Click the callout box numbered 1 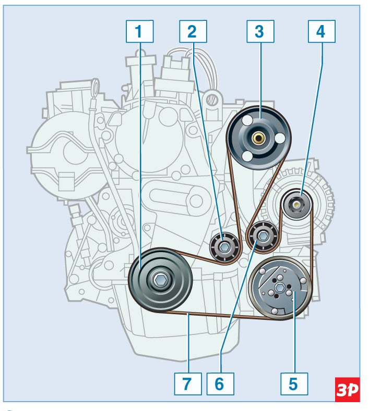[139, 31]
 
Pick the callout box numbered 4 [320, 31]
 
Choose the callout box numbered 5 [293, 383]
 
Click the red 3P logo [347, 389]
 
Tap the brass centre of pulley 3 [258, 138]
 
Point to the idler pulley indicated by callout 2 [225, 247]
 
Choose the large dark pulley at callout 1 [159, 280]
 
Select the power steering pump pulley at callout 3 [258, 138]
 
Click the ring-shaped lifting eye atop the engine [212, 97]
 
